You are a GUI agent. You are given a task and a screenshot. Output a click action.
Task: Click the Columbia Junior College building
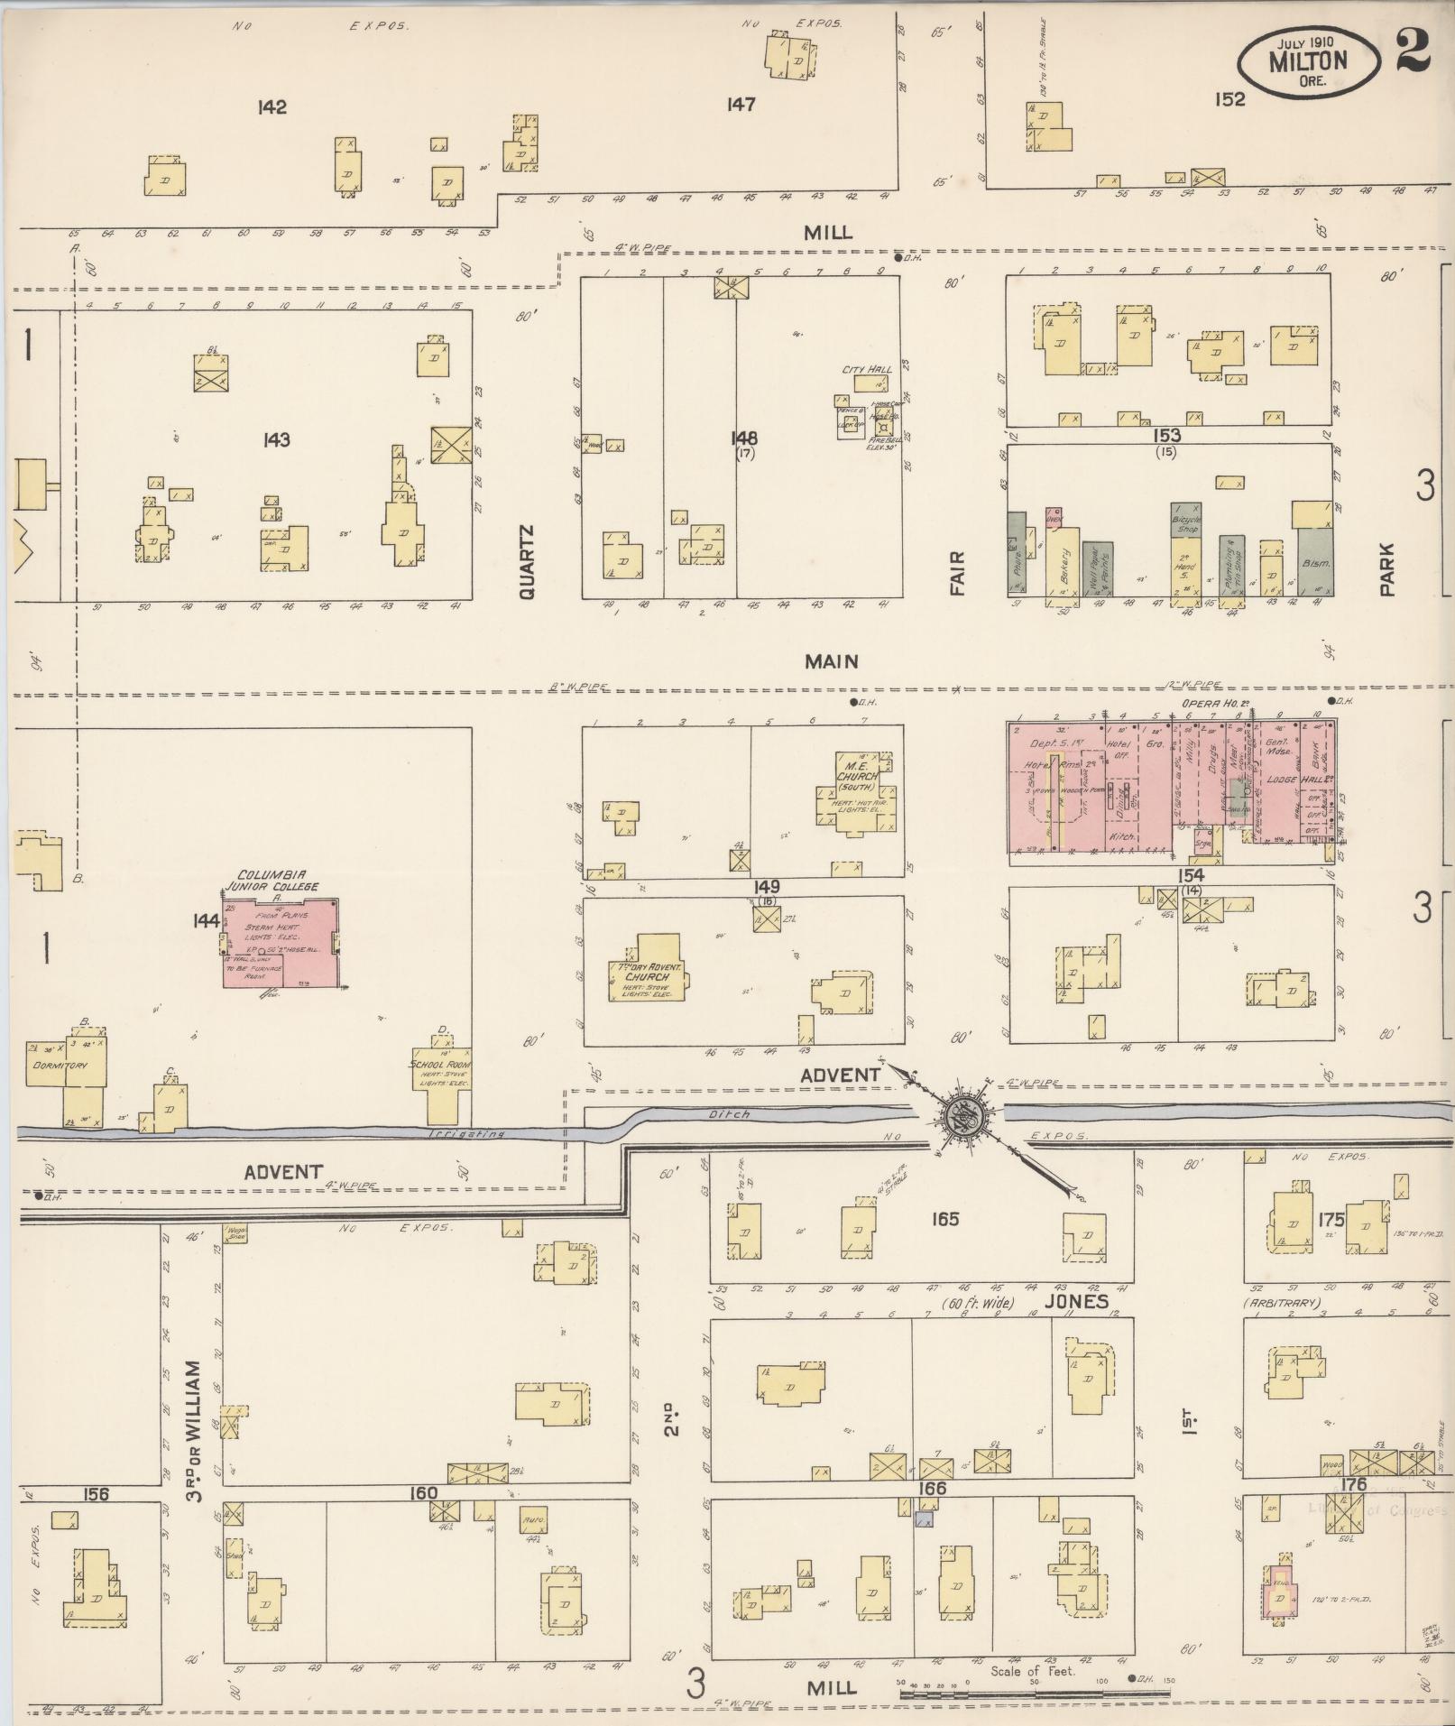pos(281,942)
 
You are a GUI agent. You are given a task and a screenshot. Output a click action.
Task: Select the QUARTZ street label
pos(528,562)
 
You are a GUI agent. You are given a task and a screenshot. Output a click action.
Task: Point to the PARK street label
pos(1387,568)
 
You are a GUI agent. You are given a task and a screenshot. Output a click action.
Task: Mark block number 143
pos(276,439)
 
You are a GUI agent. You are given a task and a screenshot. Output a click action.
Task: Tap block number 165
pos(945,1219)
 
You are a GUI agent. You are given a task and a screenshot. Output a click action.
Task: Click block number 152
pos(1229,99)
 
